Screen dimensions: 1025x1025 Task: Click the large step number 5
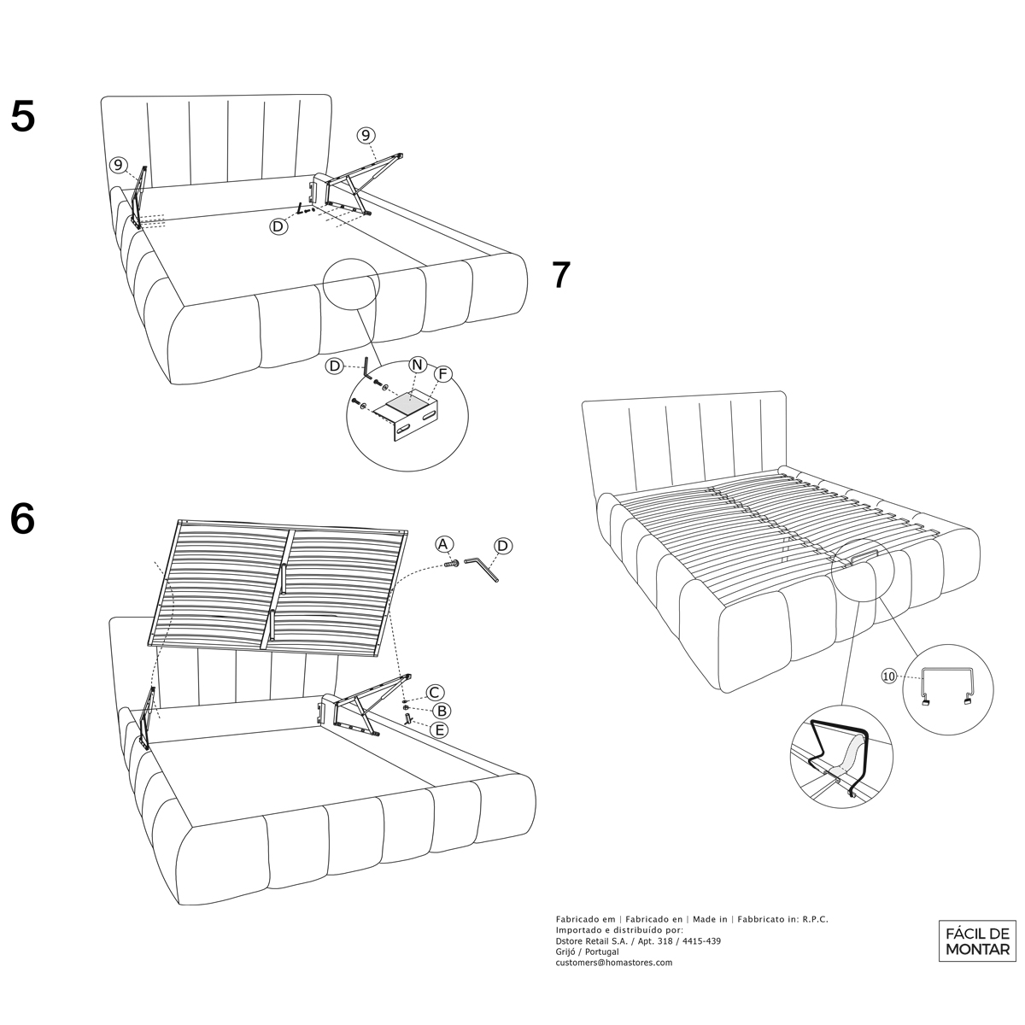(23, 117)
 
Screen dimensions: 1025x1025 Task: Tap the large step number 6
(23, 518)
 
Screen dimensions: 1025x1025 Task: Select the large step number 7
(560, 275)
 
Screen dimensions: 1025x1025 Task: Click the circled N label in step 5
(417, 365)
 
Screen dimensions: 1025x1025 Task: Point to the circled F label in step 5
(442, 374)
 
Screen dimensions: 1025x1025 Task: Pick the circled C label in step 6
(434, 693)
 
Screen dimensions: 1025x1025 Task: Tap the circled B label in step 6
(441, 711)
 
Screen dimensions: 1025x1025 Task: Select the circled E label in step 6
(439, 729)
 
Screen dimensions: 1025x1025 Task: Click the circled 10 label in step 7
(890, 676)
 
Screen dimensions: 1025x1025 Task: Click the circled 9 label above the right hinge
(365, 135)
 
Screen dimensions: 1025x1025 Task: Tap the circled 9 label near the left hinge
(119, 165)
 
